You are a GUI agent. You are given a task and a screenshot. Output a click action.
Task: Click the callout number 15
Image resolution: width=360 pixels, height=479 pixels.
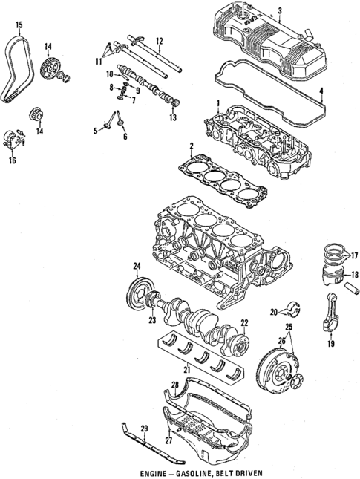19,26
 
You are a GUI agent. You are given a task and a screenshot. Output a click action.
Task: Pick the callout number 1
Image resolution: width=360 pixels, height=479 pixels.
218,102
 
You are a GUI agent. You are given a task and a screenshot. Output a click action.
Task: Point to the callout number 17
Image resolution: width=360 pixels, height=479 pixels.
353,252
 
